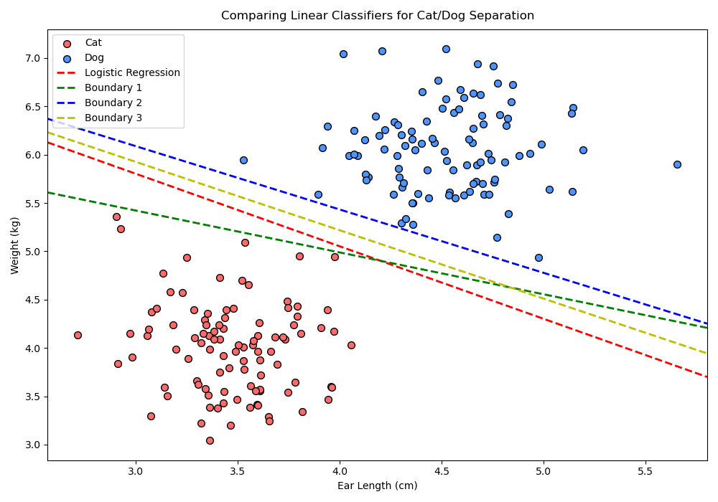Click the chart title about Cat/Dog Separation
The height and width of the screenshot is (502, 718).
(378, 15)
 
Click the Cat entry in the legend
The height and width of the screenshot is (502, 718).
(93, 43)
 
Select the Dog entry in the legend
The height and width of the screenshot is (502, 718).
(94, 58)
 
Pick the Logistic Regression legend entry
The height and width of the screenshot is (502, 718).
(132, 73)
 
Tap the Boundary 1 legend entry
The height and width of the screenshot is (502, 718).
(113, 87)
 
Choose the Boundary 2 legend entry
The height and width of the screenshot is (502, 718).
(113, 103)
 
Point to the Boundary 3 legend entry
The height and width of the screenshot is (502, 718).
(113, 118)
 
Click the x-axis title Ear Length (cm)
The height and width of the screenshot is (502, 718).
(378, 486)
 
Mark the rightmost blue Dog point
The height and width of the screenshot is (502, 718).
(677, 164)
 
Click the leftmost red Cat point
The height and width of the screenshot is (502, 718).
(78, 335)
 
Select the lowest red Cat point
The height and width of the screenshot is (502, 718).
(210, 440)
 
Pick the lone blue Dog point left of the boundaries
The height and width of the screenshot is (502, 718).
(243, 160)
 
